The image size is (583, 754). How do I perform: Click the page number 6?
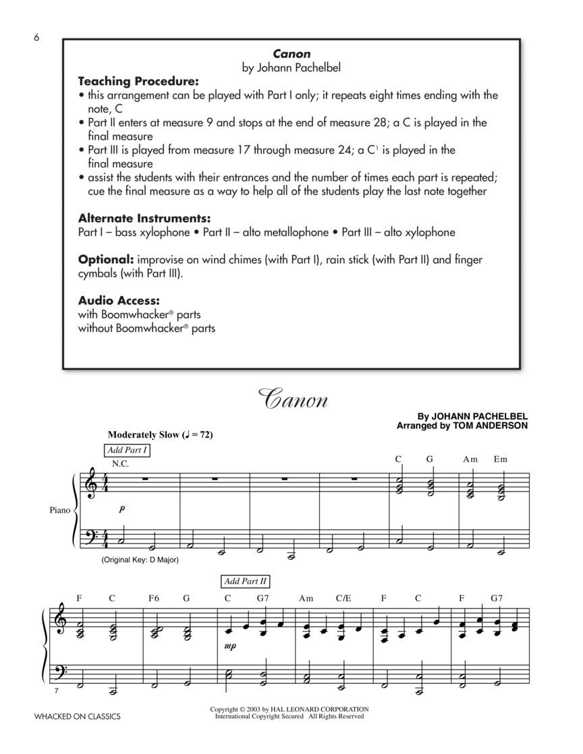coord(37,38)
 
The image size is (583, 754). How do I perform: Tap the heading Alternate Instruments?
coord(144,219)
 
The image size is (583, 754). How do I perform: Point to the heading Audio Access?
coord(119,300)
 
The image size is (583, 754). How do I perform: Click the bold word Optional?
coord(105,260)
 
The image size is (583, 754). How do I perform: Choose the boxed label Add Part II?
coord(246,581)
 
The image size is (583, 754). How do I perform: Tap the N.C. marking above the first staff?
coord(120,463)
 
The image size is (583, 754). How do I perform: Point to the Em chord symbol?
coord(500,459)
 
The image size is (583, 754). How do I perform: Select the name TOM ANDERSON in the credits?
coord(496,426)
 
